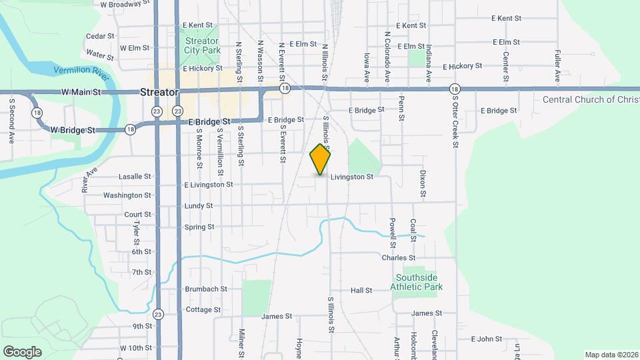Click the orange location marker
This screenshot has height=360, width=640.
click(x=321, y=159)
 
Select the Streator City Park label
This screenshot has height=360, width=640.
click(x=202, y=45)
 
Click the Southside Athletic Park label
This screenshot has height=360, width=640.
click(x=419, y=282)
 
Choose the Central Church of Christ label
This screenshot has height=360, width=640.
click(x=591, y=99)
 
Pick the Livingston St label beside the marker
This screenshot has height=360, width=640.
click(x=351, y=177)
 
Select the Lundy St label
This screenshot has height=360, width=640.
click(x=199, y=206)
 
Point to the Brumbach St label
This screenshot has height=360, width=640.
click(x=207, y=289)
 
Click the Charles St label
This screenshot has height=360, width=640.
click(x=399, y=257)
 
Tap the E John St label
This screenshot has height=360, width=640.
click(x=486, y=339)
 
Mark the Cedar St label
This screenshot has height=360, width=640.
click(x=100, y=36)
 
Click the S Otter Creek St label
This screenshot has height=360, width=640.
click(x=456, y=120)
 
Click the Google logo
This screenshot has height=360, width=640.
click(x=22, y=351)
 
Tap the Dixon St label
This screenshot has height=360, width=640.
click(x=423, y=183)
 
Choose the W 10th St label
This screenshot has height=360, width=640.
click(x=136, y=348)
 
